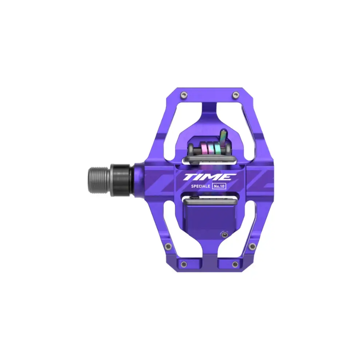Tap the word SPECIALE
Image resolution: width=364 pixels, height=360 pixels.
pyautogui.click(x=201, y=186)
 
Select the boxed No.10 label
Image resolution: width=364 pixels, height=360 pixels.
pyautogui.click(x=219, y=186)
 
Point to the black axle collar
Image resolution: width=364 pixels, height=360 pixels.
pyautogui.click(x=122, y=180)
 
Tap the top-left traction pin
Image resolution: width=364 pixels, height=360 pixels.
pyautogui.click(x=184, y=95)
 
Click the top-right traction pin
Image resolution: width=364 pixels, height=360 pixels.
pyautogui.click(x=236, y=95)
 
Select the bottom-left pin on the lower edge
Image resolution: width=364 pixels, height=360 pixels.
pyautogui.click(x=184, y=264)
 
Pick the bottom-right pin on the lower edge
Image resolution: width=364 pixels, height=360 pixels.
pyautogui.click(x=235, y=264)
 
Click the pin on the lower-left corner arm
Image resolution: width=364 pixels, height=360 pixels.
pyautogui.click(x=168, y=246)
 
